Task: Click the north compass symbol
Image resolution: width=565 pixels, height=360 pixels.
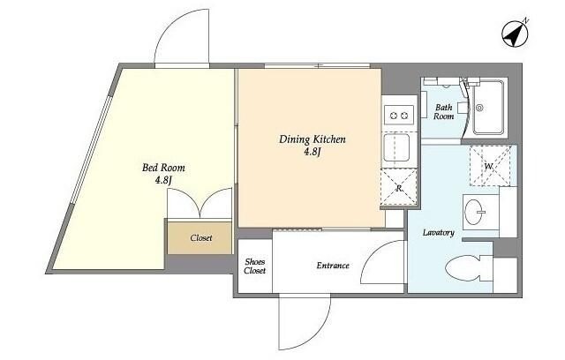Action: [516, 34]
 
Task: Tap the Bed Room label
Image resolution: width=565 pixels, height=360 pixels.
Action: [163, 168]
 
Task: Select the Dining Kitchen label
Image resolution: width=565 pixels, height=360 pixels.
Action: [313, 139]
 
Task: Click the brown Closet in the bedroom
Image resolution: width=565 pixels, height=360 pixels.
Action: [200, 238]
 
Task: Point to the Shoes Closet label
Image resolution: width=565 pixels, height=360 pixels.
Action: [255, 266]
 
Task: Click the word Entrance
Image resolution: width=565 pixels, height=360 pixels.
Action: [333, 266]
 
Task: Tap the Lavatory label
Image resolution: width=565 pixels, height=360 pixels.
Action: [438, 233]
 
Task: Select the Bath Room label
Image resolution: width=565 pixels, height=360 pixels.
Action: [443, 111]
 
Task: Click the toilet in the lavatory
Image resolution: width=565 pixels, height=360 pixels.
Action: [469, 268]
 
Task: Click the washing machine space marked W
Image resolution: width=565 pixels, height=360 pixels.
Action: [490, 166]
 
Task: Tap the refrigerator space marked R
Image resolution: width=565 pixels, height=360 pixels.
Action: [399, 187]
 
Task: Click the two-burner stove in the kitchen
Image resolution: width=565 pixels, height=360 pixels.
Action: [399, 116]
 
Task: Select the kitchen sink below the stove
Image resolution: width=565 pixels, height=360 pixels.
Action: [396, 147]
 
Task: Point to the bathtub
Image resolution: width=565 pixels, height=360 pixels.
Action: [488, 108]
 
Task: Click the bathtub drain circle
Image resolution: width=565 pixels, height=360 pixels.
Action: [479, 108]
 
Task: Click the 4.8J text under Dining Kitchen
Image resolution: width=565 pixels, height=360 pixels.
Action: [312, 153]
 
